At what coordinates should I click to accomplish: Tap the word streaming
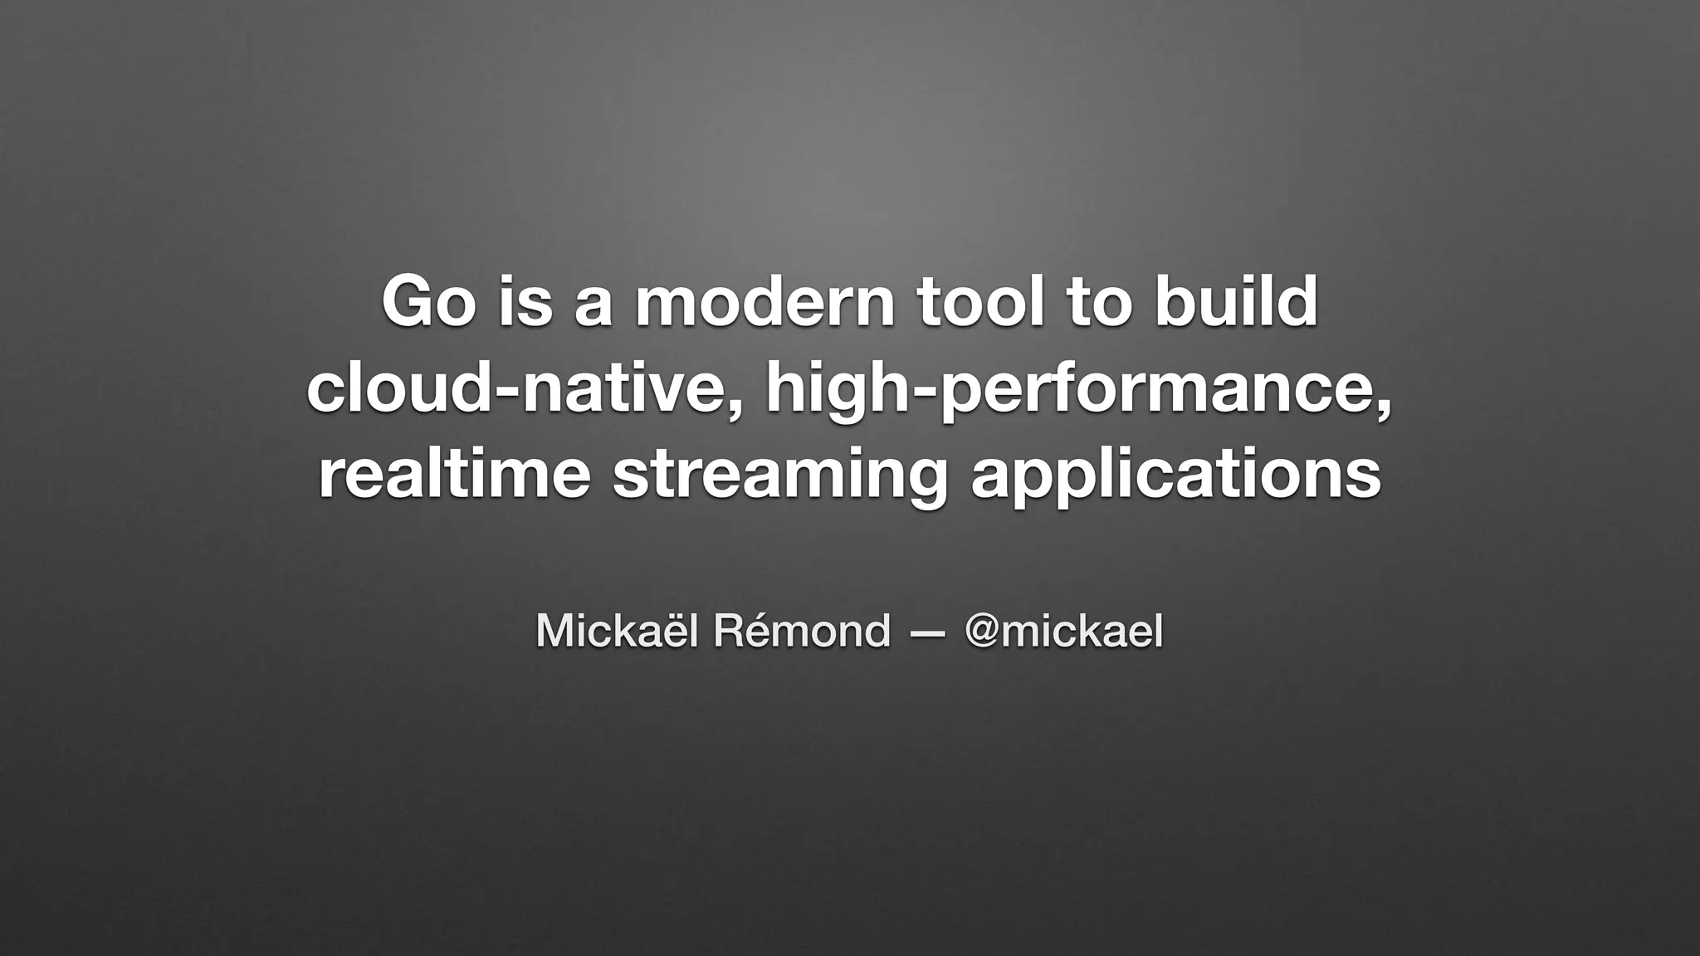coord(779,477)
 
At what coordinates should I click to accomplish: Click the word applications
coord(1175,477)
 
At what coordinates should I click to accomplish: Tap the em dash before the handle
coord(927,634)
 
